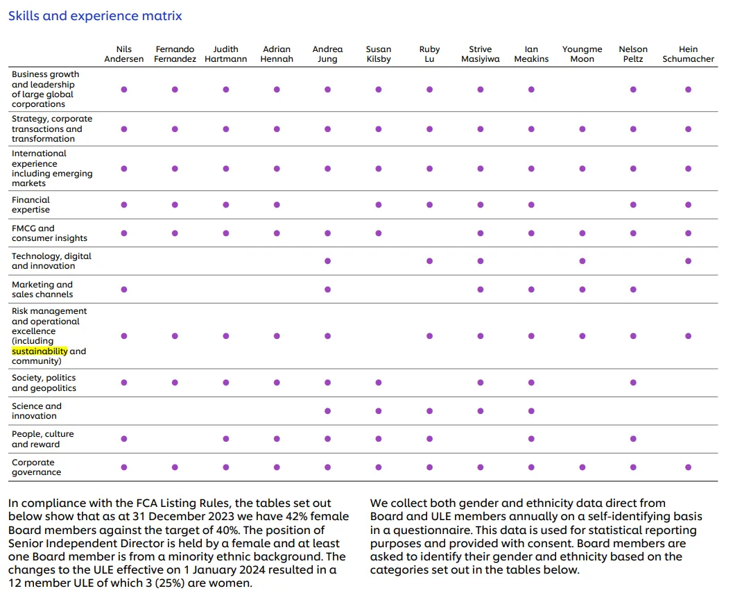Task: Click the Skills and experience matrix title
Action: pos(95,16)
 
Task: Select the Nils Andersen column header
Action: pos(124,54)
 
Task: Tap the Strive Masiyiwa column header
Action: pos(480,54)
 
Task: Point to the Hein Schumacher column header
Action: pos(688,54)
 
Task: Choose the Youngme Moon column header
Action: pos(582,54)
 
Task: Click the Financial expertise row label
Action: pos(31,205)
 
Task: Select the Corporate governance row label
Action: pos(37,467)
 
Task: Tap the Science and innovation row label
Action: pos(37,411)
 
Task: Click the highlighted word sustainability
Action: pos(40,351)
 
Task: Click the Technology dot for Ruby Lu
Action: pos(430,261)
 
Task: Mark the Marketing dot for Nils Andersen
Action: pos(124,289)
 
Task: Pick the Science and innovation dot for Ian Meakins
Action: pos(531,411)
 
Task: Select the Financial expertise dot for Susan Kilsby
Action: pos(379,205)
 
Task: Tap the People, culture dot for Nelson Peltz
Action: pos(633,438)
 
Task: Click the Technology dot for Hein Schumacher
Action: pos(688,261)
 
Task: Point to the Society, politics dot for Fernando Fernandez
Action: pos(175,383)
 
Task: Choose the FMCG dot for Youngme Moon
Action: pos(582,233)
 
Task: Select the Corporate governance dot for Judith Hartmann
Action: pos(226,467)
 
